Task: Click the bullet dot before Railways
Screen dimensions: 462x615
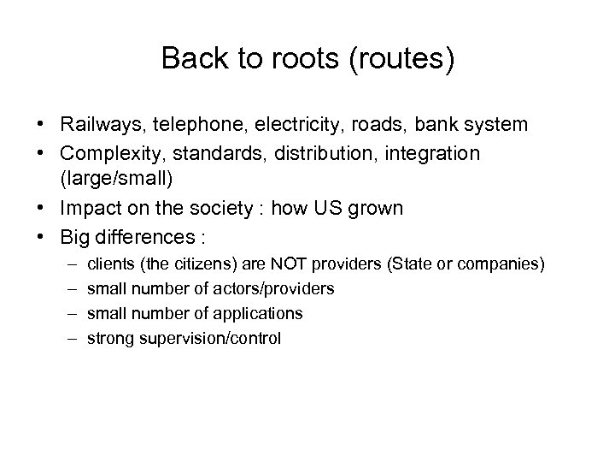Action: [x=42, y=125]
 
